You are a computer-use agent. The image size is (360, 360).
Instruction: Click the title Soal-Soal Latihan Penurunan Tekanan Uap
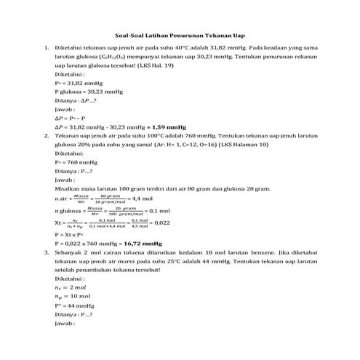(180, 34)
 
